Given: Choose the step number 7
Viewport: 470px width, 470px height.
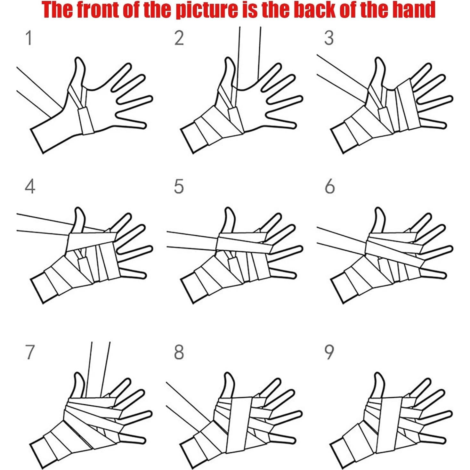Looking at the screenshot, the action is (29, 353).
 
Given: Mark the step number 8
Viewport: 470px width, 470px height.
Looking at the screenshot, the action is (179, 353).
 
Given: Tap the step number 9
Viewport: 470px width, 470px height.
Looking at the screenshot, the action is (329, 353).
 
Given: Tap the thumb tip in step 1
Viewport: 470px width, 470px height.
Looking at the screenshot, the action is (78, 59).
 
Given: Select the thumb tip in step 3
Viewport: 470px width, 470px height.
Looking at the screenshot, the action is (378, 59).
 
